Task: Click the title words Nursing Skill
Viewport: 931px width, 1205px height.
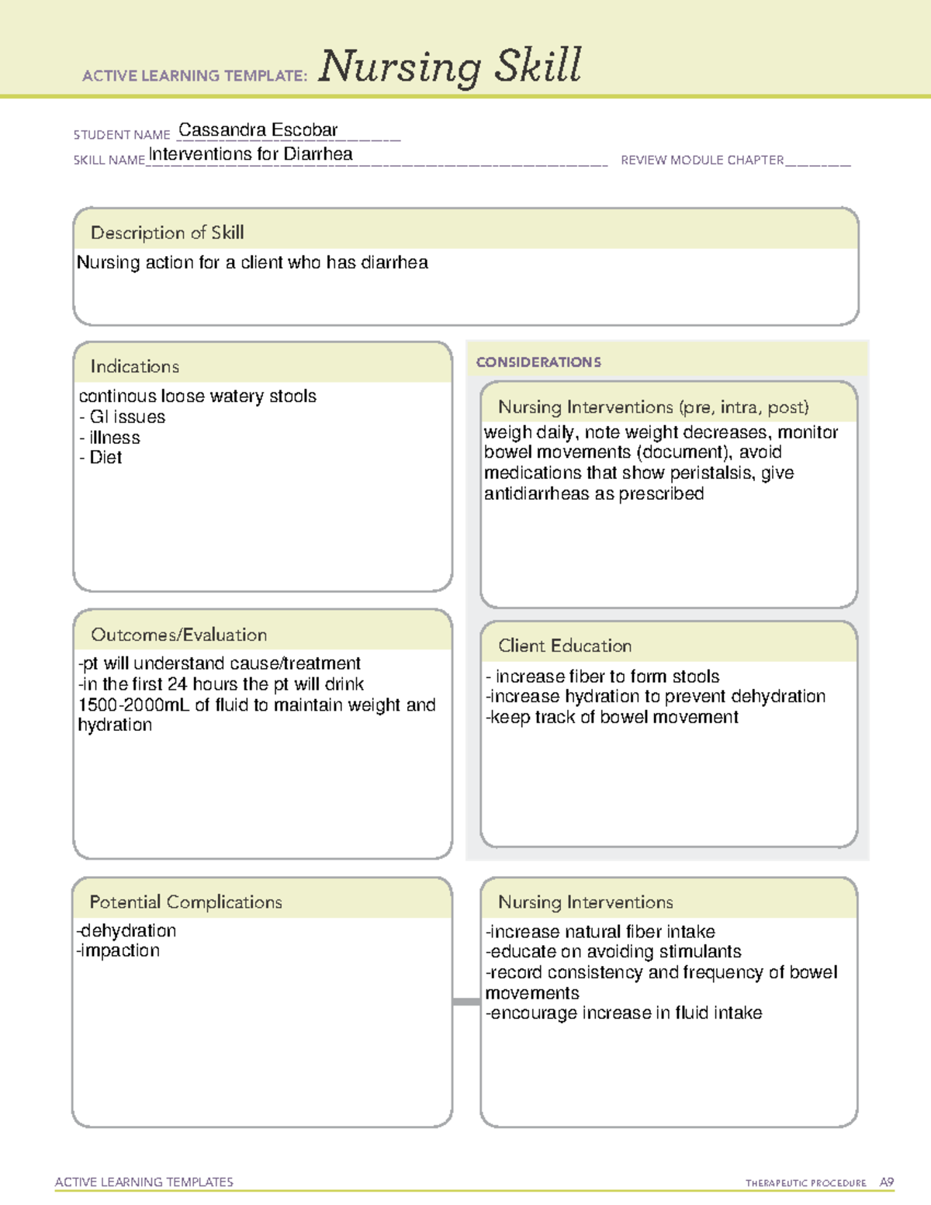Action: (x=449, y=67)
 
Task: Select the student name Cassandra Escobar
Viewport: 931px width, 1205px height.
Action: (x=258, y=130)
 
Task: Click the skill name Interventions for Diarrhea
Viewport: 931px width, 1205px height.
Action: (x=251, y=154)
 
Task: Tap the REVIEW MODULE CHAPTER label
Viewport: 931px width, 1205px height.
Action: (x=701, y=161)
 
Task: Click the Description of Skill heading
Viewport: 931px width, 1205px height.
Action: (x=167, y=233)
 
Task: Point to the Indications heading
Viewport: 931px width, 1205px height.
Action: (x=134, y=366)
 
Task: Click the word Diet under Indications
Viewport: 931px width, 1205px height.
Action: (x=106, y=458)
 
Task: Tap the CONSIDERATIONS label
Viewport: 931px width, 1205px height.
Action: (x=538, y=362)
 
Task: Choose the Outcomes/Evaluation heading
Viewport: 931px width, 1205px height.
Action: (x=178, y=635)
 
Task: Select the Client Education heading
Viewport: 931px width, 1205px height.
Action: (x=564, y=646)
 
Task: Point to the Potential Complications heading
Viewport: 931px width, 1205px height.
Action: (x=185, y=902)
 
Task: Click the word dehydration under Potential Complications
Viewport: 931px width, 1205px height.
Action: (x=128, y=931)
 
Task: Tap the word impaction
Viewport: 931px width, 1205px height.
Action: (x=119, y=951)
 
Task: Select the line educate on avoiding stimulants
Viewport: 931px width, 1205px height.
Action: (x=614, y=952)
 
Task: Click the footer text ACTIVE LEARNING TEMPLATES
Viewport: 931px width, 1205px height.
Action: (x=144, y=1182)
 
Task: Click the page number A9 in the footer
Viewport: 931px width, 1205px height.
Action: (x=886, y=1182)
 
